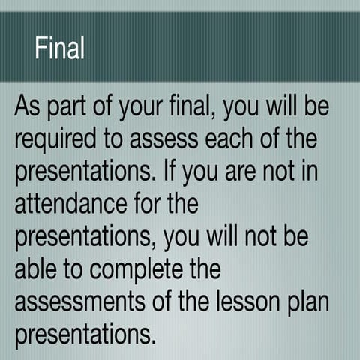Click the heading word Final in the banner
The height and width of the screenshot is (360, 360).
click(59, 48)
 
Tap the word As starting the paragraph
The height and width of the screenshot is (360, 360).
click(29, 106)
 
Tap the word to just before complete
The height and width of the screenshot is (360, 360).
click(79, 268)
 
